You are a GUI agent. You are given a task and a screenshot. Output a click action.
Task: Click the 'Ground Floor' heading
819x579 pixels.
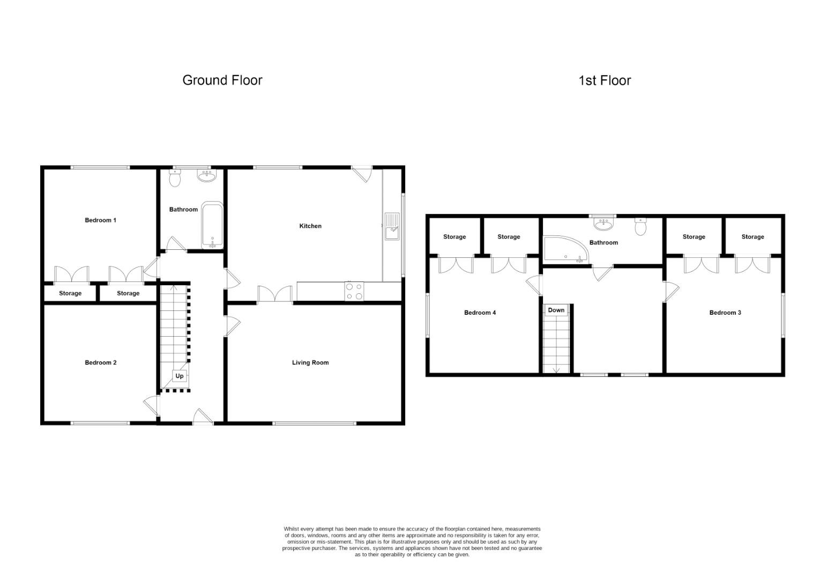tap(222, 80)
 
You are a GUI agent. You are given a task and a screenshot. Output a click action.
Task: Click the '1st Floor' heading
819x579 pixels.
tap(605, 81)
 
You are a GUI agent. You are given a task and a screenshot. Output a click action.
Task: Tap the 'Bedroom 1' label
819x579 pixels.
tap(100, 220)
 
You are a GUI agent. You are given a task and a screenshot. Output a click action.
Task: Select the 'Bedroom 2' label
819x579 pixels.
tap(100, 363)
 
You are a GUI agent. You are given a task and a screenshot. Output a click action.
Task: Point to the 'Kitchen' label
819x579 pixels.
tap(310, 226)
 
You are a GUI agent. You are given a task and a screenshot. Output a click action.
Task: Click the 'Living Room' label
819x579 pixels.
tap(310, 363)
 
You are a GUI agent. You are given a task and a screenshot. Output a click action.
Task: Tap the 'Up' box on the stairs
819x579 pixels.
tap(180, 376)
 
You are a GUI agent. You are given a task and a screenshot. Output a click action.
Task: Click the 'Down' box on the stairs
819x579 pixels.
tap(556, 310)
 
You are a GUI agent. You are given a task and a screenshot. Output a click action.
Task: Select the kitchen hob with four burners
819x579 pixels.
tap(354, 291)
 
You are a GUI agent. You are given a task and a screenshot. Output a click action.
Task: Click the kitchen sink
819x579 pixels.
tap(392, 226)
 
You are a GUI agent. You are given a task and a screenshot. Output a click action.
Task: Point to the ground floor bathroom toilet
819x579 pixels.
tap(175, 178)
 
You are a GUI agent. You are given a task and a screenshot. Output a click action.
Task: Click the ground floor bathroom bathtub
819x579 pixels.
tap(212, 226)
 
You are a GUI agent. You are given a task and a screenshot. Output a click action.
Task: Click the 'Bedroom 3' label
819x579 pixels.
tap(725, 313)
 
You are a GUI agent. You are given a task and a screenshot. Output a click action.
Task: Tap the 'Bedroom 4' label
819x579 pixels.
tap(480, 313)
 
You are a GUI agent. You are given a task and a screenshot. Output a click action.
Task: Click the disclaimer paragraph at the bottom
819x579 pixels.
tap(412, 541)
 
